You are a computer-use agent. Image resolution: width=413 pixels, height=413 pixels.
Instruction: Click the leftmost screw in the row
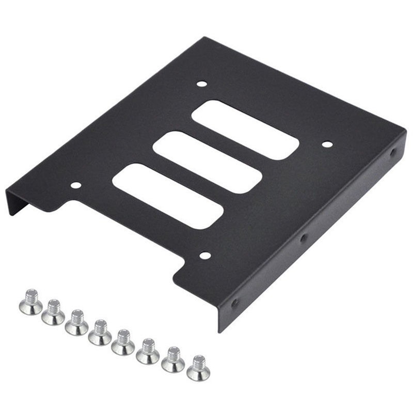(x=31, y=303)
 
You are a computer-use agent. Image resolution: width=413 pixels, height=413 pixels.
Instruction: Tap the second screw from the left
(x=53, y=313)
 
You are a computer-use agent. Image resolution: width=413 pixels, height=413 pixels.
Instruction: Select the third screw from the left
(x=76, y=323)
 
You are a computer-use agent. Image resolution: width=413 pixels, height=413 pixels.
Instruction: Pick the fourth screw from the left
(x=100, y=333)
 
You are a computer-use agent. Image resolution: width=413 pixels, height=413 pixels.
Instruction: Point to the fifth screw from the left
(x=123, y=343)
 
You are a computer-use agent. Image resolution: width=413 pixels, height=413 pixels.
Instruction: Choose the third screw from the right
(x=148, y=352)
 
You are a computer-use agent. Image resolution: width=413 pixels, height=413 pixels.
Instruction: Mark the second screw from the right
(x=173, y=360)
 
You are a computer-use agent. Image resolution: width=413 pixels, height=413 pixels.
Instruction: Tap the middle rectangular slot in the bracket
(x=207, y=162)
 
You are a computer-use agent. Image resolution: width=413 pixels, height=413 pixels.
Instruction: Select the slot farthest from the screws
(x=245, y=130)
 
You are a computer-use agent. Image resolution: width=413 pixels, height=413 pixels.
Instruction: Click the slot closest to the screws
(x=168, y=196)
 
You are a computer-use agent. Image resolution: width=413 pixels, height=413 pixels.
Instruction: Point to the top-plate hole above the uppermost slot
(x=202, y=84)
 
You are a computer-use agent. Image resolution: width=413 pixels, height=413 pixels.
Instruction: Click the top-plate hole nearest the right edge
(x=327, y=144)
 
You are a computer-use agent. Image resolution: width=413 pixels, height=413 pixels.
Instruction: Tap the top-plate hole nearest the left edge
(x=76, y=185)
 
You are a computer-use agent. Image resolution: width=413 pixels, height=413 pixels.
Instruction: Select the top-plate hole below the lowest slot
(x=205, y=255)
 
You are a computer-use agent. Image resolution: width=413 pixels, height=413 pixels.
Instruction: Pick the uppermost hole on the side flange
(x=393, y=153)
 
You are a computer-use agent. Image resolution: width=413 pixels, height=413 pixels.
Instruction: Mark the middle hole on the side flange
(x=304, y=238)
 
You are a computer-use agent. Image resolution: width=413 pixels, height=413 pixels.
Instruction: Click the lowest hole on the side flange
(x=235, y=303)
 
